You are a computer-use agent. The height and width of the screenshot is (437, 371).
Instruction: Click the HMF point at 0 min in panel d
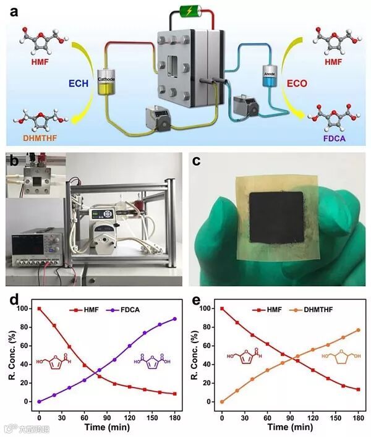(x=39, y=308)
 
